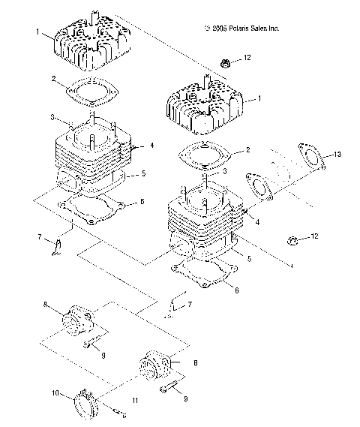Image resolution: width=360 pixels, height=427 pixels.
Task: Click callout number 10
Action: pyautogui.click(x=54, y=393)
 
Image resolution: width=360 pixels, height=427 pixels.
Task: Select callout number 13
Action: pyautogui.click(x=337, y=155)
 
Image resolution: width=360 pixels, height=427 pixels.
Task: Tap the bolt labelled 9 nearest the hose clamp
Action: pyautogui.click(x=169, y=391)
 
